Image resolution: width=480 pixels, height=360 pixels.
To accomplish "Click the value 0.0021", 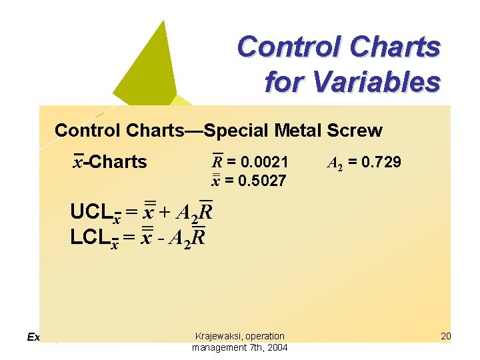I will pyautogui.click(x=265, y=161).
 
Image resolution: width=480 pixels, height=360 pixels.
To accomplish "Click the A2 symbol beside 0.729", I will pyautogui.click(x=335, y=162).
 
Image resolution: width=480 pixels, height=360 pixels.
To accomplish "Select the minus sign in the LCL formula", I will pyautogui.click(x=161, y=238).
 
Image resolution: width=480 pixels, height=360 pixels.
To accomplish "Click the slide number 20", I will pyautogui.click(x=446, y=336).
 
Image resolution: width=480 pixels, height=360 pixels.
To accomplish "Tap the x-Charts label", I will pyautogui.click(x=111, y=162).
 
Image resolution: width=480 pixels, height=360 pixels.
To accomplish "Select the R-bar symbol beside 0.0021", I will pyautogui.click(x=217, y=161).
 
